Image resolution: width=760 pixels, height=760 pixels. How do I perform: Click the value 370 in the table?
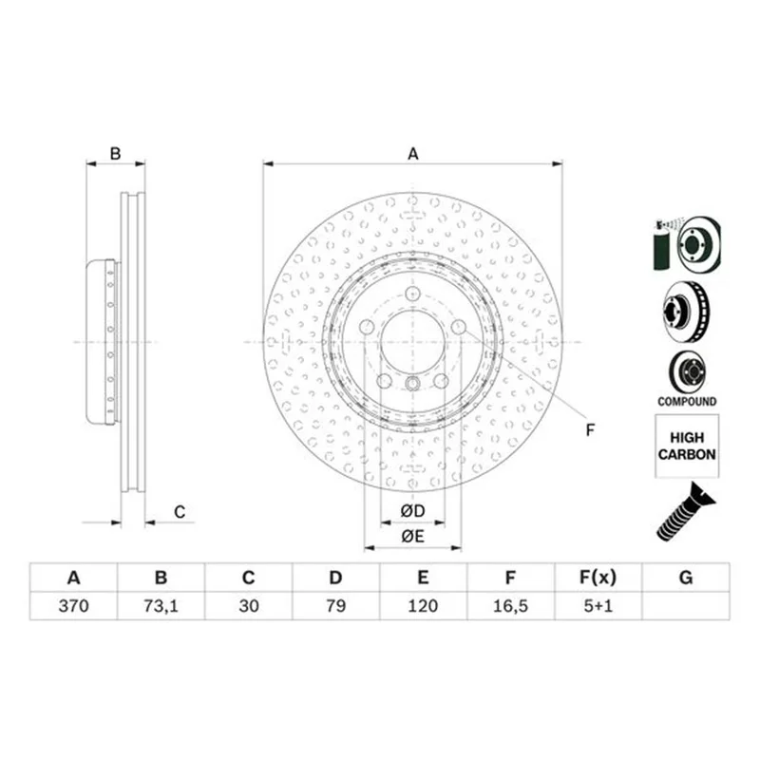[73, 606]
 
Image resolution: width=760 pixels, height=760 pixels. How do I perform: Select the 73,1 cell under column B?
[161, 606]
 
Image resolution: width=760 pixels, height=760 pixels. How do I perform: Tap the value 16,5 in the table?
[510, 606]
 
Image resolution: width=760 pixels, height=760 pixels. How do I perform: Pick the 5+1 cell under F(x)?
[598, 606]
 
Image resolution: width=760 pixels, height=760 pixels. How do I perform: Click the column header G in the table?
[686, 578]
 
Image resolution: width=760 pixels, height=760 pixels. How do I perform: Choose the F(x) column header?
[598, 578]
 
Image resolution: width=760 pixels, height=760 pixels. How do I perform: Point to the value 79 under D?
[336, 606]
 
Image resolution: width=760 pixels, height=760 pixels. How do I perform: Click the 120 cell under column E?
[423, 606]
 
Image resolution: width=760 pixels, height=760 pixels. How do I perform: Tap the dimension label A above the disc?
[412, 154]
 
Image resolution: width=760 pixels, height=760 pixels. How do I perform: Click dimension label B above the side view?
[115, 154]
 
